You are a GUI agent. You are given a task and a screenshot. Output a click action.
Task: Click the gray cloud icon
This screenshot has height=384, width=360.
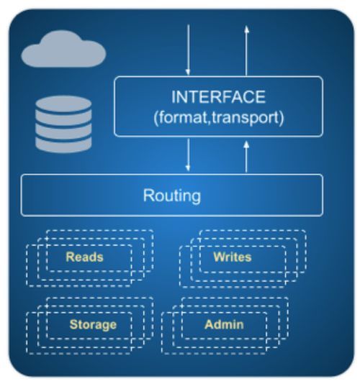(63, 49)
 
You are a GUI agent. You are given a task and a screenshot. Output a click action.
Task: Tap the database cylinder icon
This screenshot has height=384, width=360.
(63, 124)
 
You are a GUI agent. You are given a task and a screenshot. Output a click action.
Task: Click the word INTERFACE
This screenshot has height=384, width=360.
(218, 97)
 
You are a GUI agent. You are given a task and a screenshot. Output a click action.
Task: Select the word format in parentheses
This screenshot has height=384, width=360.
(183, 117)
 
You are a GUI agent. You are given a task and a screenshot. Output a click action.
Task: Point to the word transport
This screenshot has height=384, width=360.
(246, 118)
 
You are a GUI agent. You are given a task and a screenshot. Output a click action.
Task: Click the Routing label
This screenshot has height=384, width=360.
(172, 196)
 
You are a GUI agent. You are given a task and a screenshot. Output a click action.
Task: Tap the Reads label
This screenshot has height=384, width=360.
(85, 257)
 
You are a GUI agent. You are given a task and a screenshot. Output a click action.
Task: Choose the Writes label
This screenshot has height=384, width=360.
(233, 257)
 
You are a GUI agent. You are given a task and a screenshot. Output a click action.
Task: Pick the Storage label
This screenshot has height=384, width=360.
(93, 325)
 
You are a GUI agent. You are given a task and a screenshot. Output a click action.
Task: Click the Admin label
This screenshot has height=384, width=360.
(224, 324)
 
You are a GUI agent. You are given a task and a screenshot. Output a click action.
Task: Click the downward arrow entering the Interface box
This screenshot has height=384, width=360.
(188, 50)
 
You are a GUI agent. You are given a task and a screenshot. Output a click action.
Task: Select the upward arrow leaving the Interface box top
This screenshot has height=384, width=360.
(246, 50)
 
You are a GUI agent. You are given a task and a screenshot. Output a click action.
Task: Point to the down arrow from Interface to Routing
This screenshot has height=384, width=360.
(188, 155)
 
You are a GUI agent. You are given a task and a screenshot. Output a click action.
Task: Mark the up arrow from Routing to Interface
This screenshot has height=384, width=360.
(246, 157)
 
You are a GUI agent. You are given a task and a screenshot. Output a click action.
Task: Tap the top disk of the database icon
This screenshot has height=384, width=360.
(63, 104)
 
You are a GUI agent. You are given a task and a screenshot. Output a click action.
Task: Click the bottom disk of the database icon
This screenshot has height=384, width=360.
(63, 145)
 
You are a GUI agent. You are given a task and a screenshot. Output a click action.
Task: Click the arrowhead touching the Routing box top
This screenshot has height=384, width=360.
(188, 168)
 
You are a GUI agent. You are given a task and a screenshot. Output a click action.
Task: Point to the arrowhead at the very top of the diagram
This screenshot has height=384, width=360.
(246, 29)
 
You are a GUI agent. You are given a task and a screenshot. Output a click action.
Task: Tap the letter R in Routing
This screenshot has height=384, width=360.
(148, 195)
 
